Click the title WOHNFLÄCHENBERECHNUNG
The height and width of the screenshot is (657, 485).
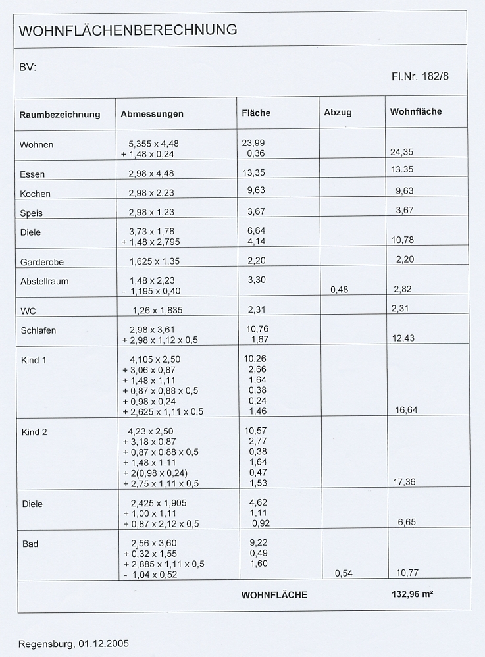[x=128, y=30]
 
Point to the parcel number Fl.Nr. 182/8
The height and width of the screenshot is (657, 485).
[x=420, y=76]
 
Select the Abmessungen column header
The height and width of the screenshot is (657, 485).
[x=152, y=114]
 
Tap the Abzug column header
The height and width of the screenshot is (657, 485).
[x=338, y=113]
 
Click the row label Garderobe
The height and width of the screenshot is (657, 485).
[x=41, y=261]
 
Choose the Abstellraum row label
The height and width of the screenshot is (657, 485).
[x=44, y=281]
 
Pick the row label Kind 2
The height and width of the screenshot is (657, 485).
[x=34, y=432]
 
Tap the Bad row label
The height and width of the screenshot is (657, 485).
[x=29, y=544]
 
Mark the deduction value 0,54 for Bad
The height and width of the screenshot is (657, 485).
[x=344, y=573]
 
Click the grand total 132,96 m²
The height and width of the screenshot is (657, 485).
[x=412, y=594]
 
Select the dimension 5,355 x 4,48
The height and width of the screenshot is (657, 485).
[x=155, y=144]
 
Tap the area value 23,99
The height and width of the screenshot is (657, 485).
[x=254, y=144]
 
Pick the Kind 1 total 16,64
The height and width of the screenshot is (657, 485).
[x=406, y=410]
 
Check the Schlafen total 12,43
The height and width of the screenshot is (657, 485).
[x=405, y=338]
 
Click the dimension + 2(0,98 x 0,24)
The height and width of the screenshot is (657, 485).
[x=155, y=473]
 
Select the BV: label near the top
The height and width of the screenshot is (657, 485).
[x=28, y=67]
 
